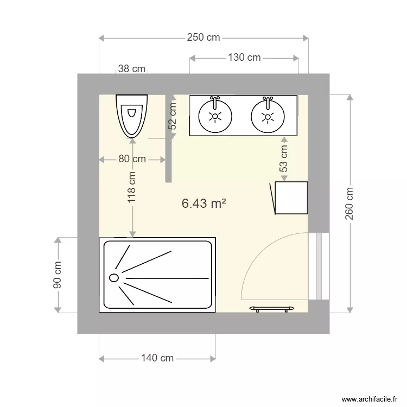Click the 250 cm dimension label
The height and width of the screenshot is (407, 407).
point(203,37)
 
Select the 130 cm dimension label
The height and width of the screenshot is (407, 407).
point(244,58)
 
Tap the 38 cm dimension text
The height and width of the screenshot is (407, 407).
point(132,69)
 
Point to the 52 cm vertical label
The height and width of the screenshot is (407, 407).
point(173,116)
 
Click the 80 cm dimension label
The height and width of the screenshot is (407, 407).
point(132,159)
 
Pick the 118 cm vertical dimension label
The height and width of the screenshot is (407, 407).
point(132,187)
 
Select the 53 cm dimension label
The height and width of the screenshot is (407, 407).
point(284,160)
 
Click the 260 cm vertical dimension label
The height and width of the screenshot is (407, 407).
point(349,204)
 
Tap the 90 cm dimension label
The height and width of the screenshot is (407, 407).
point(58,275)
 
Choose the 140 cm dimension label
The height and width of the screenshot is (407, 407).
point(157,358)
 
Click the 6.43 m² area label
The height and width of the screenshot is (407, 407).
point(203,203)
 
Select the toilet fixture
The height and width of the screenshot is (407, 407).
point(131,115)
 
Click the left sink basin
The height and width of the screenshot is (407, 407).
point(215,116)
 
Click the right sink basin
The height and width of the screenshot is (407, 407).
point(268,116)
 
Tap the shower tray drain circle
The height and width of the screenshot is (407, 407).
point(114,277)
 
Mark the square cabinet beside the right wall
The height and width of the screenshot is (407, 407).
point(291,198)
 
